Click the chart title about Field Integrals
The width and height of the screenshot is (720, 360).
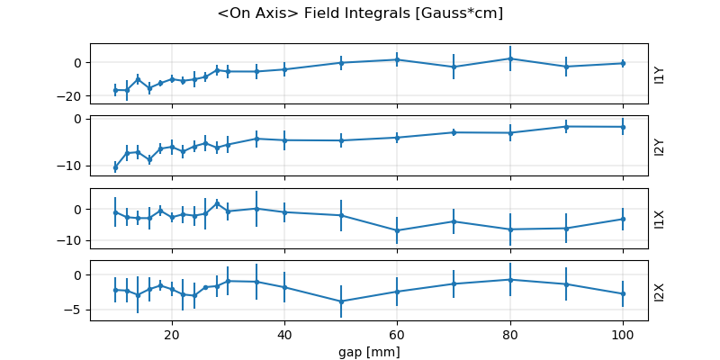point(360,13)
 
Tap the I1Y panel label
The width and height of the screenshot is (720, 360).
point(660,74)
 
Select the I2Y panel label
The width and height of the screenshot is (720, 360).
point(660,146)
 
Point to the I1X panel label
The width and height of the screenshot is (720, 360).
point(660,219)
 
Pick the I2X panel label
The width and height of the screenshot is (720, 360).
point(660,291)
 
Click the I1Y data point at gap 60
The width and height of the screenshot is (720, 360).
point(397,59)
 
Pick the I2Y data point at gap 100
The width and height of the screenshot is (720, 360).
point(622,127)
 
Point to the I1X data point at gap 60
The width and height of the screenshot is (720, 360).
point(397,230)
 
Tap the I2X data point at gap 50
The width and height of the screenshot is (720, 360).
point(341,301)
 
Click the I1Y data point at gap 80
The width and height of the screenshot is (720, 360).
point(509,58)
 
